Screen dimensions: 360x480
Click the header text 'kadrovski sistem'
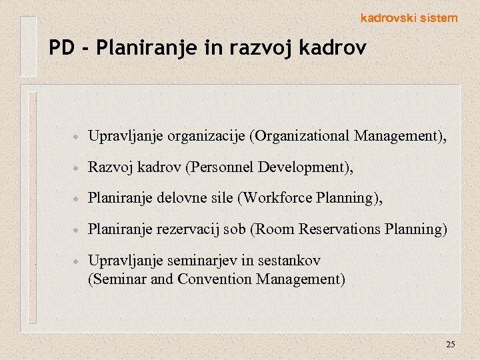pyautogui.click(x=409, y=19)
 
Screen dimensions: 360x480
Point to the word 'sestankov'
pyautogui.click(x=289, y=260)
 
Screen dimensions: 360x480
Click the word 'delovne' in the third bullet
pyautogui.click(x=180, y=199)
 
